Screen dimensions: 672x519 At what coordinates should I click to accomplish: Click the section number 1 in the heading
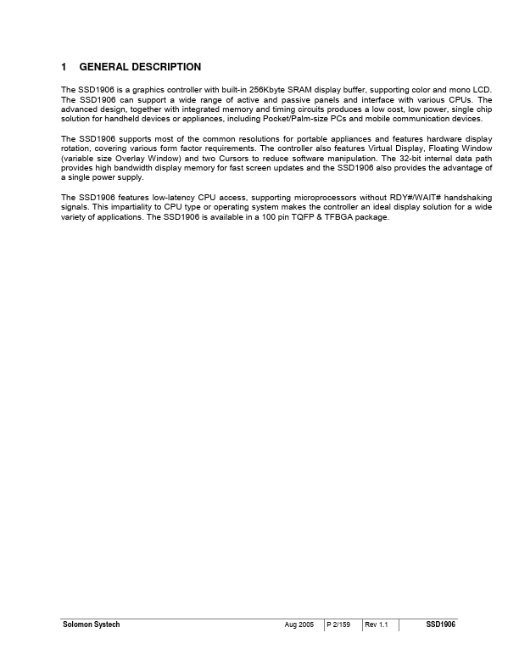tap(64, 67)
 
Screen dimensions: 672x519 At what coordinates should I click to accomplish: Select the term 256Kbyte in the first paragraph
tap(268, 89)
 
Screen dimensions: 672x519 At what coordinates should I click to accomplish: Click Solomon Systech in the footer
tap(92, 624)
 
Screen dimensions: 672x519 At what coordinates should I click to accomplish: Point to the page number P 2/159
tap(340, 624)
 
